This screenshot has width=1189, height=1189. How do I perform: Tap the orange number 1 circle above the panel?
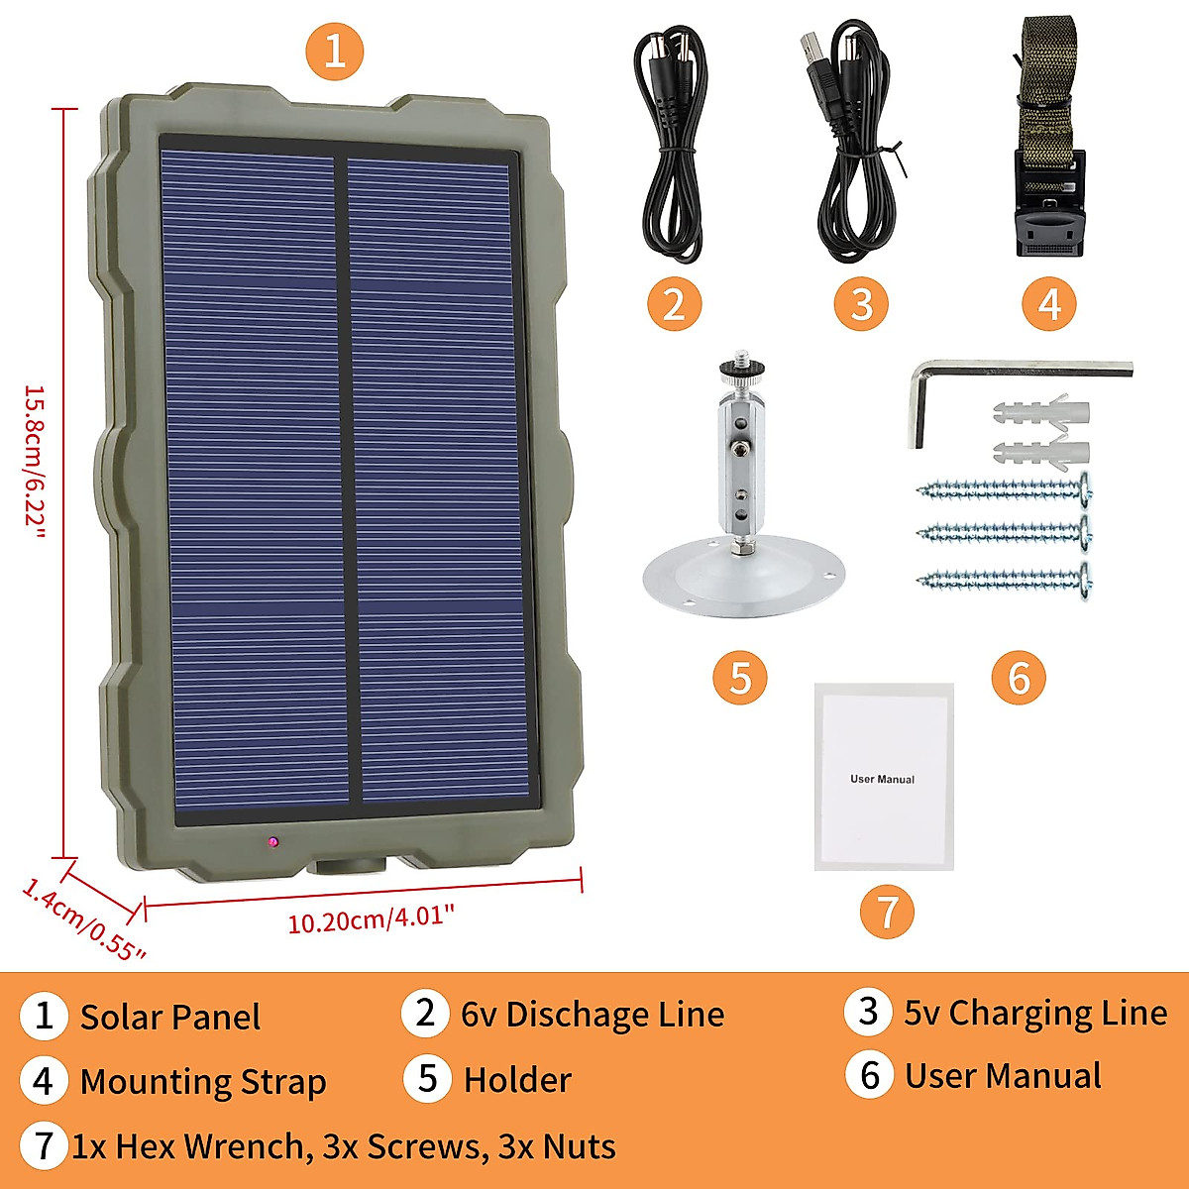tap(335, 51)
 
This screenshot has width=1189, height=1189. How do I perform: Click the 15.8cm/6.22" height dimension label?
tap(35, 462)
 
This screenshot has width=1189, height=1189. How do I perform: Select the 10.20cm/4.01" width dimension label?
tap(371, 919)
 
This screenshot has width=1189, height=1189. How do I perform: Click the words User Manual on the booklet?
tap(882, 779)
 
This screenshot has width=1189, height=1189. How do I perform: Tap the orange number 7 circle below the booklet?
tap(887, 912)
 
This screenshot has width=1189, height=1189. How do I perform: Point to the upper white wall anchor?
tap(1040, 411)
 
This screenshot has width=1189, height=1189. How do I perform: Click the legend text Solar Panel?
tap(169, 1018)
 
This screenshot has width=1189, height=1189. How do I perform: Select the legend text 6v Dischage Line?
tap(592, 1015)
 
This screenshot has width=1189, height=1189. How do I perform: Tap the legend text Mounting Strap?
tap(202, 1082)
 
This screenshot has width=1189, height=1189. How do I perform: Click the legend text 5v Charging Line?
tap(1034, 1013)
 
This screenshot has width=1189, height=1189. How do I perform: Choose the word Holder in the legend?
tap(517, 1080)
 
